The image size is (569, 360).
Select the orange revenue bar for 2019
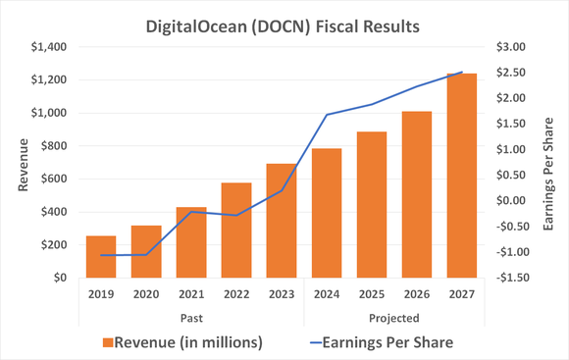pyautogui.click(x=100, y=257)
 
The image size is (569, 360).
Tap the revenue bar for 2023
pyautogui.click(x=282, y=221)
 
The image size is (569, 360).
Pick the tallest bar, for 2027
pyautogui.click(x=462, y=176)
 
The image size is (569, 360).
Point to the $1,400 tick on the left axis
pyautogui.click(x=48, y=47)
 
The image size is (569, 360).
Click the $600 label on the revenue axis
pyautogui.click(x=53, y=179)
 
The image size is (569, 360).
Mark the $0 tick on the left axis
pyautogui.click(x=60, y=278)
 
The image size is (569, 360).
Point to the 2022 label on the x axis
pyautogui.click(x=235, y=293)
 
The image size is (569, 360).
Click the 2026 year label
pyautogui.click(x=417, y=293)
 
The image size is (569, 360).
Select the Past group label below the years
pyautogui.click(x=190, y=318)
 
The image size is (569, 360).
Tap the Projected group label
pyautogui.click(x=394, y=318)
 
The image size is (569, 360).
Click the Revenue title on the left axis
pyautogui.click(x=20, y=162)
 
